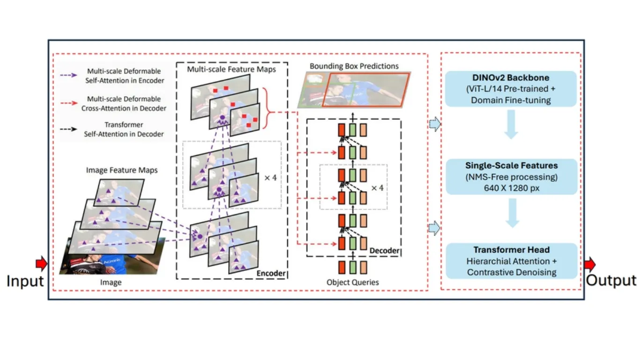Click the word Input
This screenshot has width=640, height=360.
tap(25, 281)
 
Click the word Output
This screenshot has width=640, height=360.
tap(611, 280)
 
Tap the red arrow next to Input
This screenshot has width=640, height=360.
tap(42, 263)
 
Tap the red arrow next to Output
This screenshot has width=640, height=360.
tap(590, 264)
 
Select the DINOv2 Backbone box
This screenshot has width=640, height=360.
tap(511, 89)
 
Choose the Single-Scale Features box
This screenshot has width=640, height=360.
tap(512, 177)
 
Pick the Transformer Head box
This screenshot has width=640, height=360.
tap(512, 261)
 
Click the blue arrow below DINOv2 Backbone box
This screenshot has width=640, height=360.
tap(511, 124)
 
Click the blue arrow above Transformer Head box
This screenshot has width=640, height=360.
tap(512, 213)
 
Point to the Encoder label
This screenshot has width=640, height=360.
tap(271, 273)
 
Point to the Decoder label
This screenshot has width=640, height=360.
tap(384, 250)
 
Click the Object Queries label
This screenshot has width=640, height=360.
tap(353, 282)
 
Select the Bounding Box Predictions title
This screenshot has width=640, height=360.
tap(354, 66)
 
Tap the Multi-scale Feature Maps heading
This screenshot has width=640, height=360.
tap(231, 69)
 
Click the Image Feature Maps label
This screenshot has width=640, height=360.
tap(122, 170)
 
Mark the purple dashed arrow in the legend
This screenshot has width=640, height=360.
tap(68, 75)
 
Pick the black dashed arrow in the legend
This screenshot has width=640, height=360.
tap(68, 129)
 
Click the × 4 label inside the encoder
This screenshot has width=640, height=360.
tap(271, 178)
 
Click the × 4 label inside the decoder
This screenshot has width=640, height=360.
tap(377, 188)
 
